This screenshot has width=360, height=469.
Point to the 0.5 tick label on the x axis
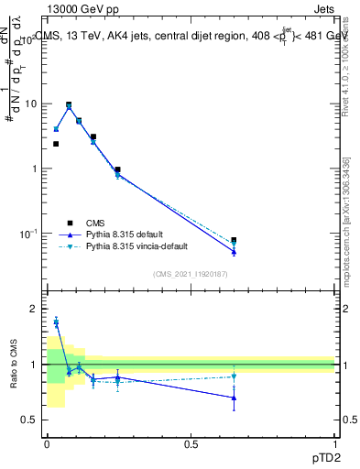pyautogui.click(x=191, y=443)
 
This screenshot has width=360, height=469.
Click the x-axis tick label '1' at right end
pyautogui.click(x=335, y=443)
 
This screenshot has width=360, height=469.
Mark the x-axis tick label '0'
pyautogui.click(x=47, y=443)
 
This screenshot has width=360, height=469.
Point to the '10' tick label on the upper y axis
pyautogui.click(x=28, y=104)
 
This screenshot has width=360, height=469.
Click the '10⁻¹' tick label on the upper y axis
pyautogui.click(x=27, y=234)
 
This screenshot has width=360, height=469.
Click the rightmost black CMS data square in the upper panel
pyautogui.click(x=234, y=240)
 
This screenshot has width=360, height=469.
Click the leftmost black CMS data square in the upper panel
pyautogui.click(x=56, y=144)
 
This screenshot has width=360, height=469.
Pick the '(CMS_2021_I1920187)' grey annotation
pyautogui.click(x=191, y=274)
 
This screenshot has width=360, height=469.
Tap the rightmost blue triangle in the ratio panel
pyautogui.click(x=234, y=398)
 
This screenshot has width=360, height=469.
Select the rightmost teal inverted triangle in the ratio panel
pyautogui.click(x=234, y=376)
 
